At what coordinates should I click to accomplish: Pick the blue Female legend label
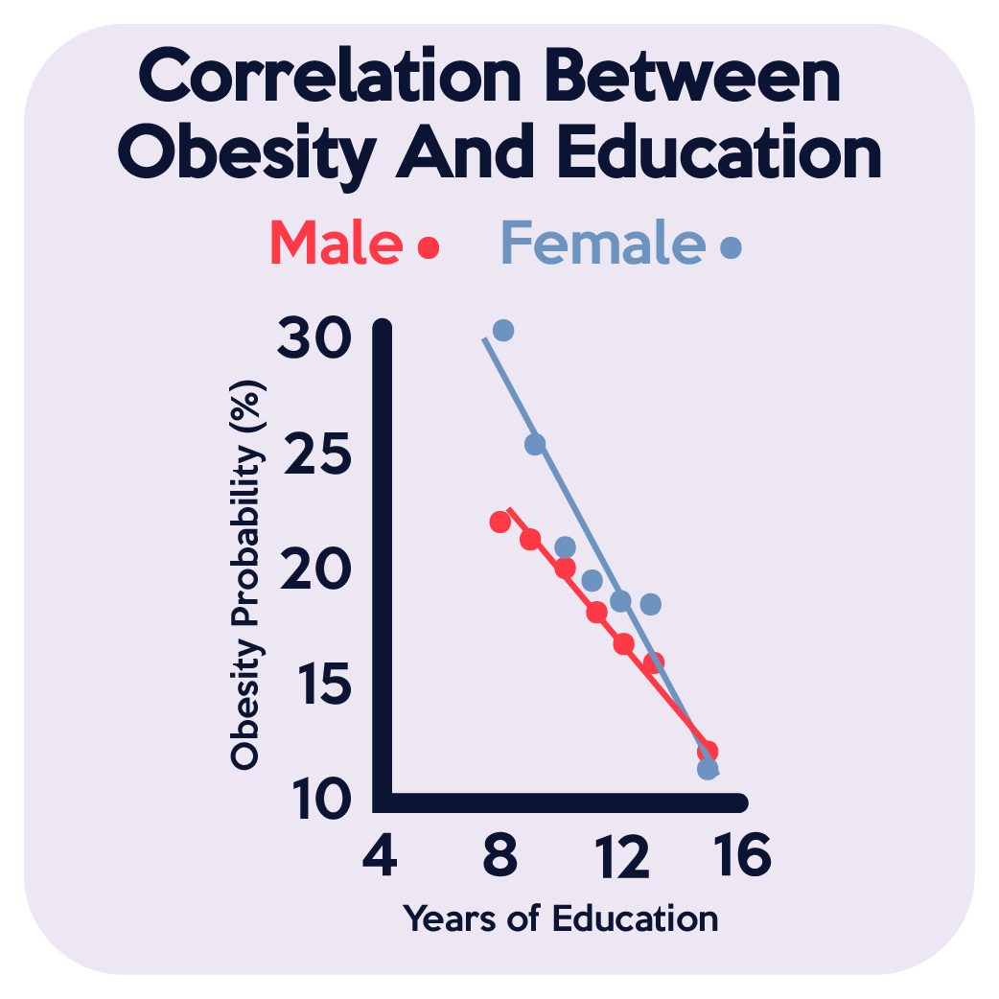(602, 244)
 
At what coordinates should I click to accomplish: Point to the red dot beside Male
(429, 248)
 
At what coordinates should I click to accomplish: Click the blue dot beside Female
(731, 248)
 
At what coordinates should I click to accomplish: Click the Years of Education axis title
(560, 918)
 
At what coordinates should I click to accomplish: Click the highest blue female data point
(503, 331)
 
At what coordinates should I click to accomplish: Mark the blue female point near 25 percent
(535, 444)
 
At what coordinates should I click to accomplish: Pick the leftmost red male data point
(499, 523)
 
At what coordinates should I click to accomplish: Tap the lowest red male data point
(708, 751)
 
